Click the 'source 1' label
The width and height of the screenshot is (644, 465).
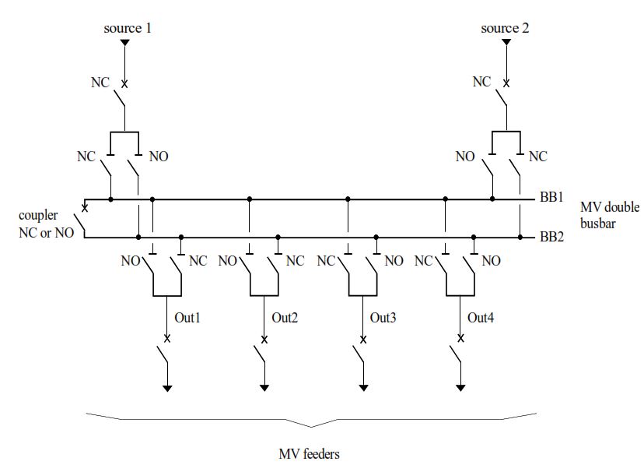[128, 28]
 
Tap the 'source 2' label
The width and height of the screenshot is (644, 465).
[505, 28]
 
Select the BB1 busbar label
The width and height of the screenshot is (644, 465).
[551, 199]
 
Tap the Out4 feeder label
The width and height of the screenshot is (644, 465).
[480, 318]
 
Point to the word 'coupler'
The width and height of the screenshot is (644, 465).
[38, 215]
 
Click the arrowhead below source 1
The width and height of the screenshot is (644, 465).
[124, 43]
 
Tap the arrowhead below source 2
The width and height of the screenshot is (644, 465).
[506, 43]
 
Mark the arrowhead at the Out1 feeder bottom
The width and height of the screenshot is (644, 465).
[167, 387]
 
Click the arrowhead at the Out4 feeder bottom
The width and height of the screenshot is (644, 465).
[461, 387]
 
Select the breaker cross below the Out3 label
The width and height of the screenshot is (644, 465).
[363, 339]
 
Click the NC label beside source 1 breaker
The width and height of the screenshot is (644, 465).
[100, 83]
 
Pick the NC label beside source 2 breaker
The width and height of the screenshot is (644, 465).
[481, 82]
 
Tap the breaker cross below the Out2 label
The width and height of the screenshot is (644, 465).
[265, 339]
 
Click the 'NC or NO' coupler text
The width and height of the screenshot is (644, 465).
[47, 232]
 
